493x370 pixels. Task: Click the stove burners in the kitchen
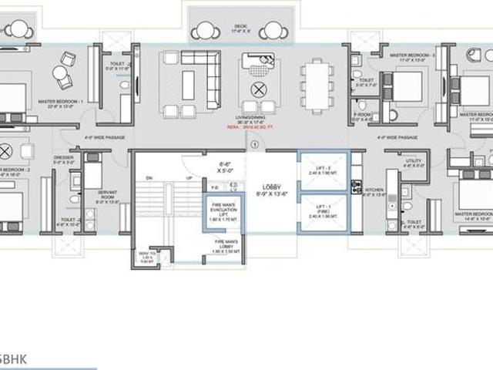pyautogui.click(x=356, y=185)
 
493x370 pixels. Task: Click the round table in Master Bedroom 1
pyautogui.click(x=59, y=73)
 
